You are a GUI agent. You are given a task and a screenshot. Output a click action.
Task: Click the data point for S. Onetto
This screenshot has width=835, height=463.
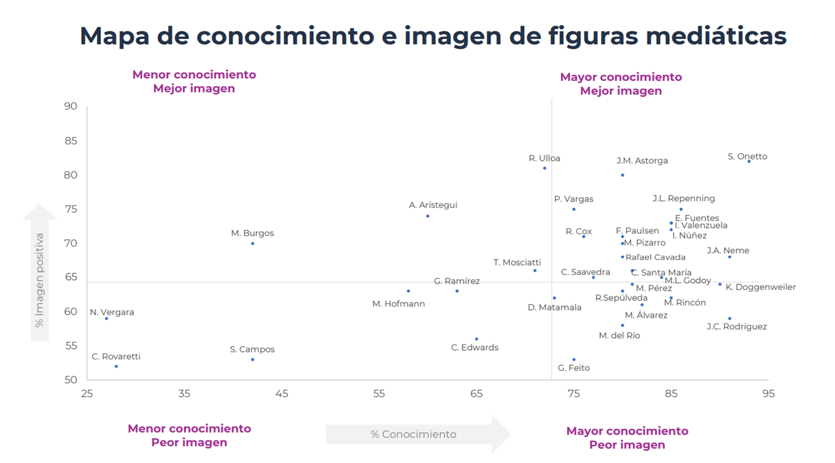749,161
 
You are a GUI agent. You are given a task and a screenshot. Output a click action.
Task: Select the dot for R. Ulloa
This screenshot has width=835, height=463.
545,168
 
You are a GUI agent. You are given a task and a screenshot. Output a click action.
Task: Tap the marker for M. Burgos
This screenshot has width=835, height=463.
253,244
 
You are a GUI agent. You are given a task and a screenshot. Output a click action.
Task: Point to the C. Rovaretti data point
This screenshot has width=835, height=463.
116,366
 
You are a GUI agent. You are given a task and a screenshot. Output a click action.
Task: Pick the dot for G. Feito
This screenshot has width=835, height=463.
574,359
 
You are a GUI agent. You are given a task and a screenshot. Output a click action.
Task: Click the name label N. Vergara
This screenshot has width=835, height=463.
112,313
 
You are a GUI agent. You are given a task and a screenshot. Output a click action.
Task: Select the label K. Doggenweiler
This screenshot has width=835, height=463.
760,287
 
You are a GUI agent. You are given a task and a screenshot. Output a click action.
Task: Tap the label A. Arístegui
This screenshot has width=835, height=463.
433,205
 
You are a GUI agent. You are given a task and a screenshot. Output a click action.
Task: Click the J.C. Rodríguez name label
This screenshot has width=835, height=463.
736,327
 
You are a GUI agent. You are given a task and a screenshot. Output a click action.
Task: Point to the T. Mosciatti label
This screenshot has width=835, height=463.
517,262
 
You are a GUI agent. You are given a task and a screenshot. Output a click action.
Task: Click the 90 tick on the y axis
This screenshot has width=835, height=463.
71,106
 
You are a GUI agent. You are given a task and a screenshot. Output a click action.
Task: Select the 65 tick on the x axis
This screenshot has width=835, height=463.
476,394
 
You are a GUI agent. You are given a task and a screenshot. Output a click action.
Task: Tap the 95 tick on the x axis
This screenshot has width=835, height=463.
768,394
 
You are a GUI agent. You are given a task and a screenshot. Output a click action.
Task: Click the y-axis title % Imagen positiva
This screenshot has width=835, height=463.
39,280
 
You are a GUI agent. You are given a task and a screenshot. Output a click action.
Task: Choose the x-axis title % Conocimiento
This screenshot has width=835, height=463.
414,435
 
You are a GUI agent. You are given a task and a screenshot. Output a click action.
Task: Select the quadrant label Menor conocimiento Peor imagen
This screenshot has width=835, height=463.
189,436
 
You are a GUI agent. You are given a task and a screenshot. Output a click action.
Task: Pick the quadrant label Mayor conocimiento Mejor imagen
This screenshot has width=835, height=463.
621,84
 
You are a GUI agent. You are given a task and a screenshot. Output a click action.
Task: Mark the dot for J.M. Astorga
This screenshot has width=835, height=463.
622,175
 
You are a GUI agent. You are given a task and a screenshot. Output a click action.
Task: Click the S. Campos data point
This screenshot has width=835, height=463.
253,359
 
